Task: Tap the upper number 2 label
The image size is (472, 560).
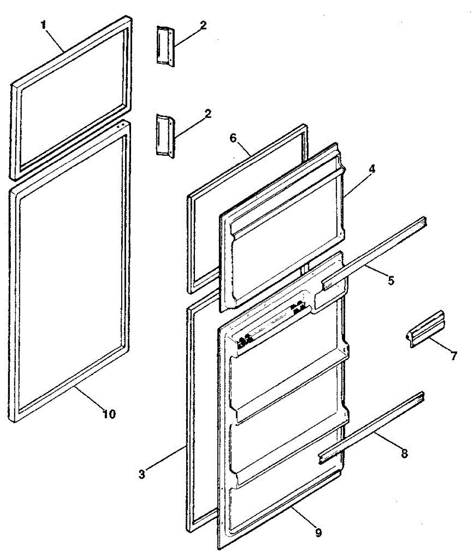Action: point(203,26)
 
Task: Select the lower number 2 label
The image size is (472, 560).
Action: point(208,113)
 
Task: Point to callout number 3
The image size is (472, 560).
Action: point(142,475)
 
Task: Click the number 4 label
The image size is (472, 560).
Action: point(372,170)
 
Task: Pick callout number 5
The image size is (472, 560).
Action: point(391,280)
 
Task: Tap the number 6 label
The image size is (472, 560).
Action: point(233,138)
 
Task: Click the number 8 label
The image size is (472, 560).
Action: point(404,452)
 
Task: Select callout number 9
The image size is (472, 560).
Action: point(318,532)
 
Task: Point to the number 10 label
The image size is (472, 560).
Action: point(109,413)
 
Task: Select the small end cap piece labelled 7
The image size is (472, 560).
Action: point(426,329)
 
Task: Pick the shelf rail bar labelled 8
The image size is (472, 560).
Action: point(371,426)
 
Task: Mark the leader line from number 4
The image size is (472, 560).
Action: point(357,183)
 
